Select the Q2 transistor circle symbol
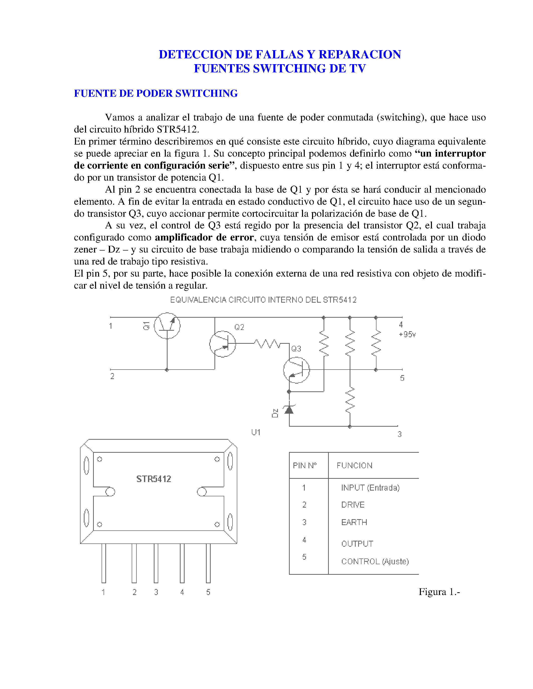pyautogui.click(x=223, y=344)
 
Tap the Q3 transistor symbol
pyautogui.click(x=296, y=370)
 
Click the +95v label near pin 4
pyautogui.click(x=407, y=334)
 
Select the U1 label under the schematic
pyautogui.click(x=256, y=432)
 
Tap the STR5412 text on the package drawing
pyautogui.click(x=154, y=479)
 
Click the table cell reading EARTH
pyautogui.click(x=354, y=522)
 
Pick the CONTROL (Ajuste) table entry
pyautogui.click(x=375, y=561)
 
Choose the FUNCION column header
pyautogui.click(x=354, y=466)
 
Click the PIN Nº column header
pyautogui.click(x=304, y=466)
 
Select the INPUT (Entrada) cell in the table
pyautogui.click(x=370, y=488)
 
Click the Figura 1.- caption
pyautogui.click(x=439, y=592)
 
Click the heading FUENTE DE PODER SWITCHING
pyautogui.click(x=156, y=93)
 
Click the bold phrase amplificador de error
pyautogui.click(x=204, y=237)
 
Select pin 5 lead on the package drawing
pyautogui.click(x=208, y=563)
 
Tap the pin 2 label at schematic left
pyautogui.click(x=112, y=376)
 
